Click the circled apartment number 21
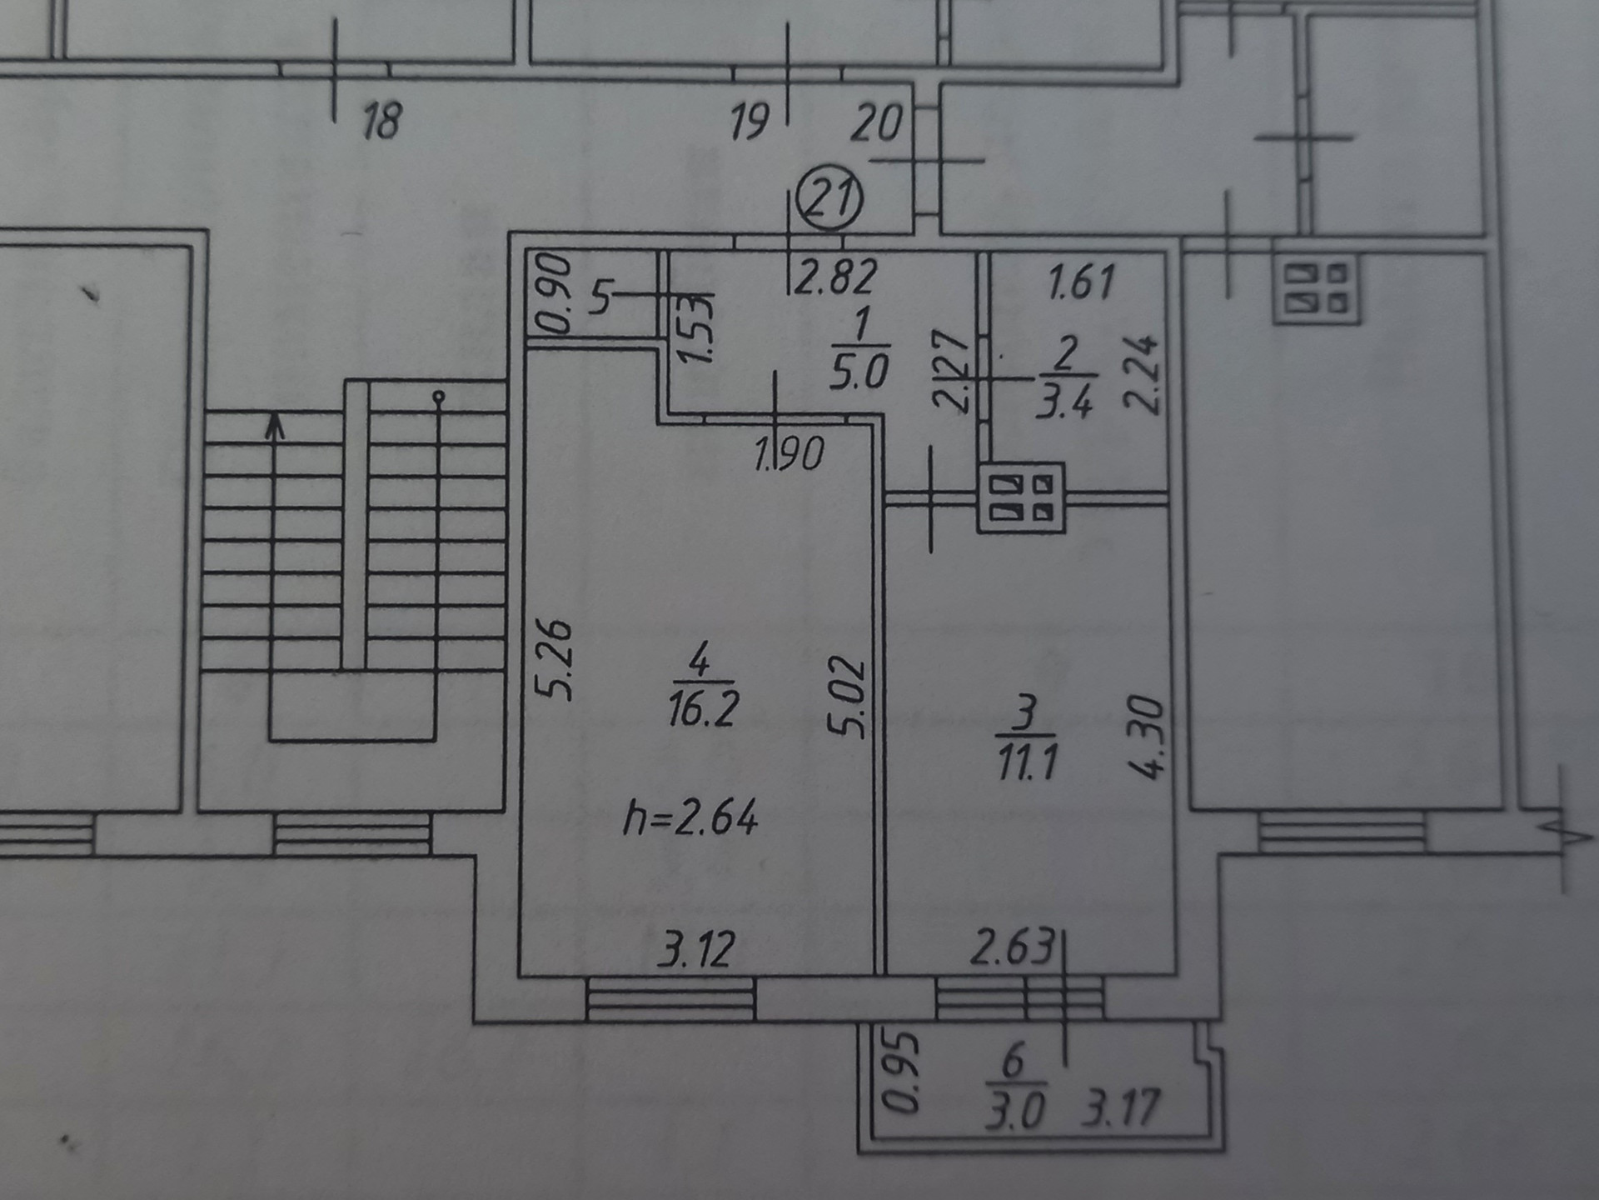click(x=829, y=198)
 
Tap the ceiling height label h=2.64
click(x=691, y=817)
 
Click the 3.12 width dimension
click(x=696, y=949)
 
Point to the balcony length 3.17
click(x=1120, y=1107)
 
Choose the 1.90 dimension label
click(x=789, y=454)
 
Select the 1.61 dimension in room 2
click(x=1081, y=282)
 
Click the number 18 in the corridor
click(x=382, y=120)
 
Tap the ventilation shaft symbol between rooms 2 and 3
click(x=1021, y=497)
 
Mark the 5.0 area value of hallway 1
click(x=859, y=372)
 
